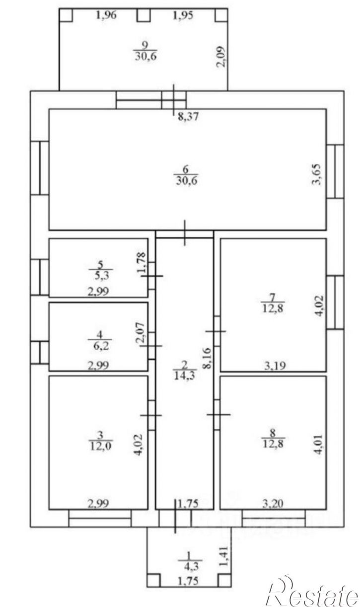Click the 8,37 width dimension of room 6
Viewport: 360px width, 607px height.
coord(188,117)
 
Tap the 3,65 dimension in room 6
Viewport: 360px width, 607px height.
coord(316,174)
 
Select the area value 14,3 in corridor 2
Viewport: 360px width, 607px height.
coord(184,376)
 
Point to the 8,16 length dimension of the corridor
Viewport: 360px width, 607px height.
coord(207,358)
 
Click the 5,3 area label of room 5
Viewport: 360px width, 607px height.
coord(101,276)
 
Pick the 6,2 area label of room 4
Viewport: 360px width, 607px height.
coord(100,346)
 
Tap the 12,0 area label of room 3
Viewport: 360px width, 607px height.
coord(100,445)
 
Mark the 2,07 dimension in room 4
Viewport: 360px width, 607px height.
coord(141,332)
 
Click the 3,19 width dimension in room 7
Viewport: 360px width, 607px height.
coord(275,366)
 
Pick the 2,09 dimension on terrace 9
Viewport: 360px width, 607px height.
coord(220,56)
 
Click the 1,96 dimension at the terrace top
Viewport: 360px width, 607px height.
coord(106,15)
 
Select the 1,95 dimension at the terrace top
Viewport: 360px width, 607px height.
coord(183,15)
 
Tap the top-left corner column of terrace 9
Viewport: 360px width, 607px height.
coord(66,15)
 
